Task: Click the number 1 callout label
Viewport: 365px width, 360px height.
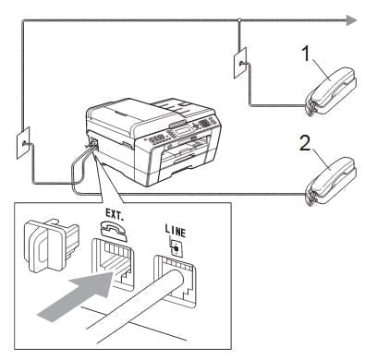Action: [x=306, y=54]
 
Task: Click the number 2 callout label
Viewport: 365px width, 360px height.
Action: [x=305, y=143]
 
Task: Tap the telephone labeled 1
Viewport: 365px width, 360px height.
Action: [x=331, y=91]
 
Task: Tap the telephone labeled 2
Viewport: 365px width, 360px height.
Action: [x=331, y=181]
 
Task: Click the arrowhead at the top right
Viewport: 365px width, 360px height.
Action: [x=351, y=20]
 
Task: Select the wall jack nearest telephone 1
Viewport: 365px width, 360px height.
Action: [x=240, y=63]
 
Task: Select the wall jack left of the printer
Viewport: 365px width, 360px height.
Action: [x=23, y=143]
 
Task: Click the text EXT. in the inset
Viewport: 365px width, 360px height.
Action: [x=115, y=214]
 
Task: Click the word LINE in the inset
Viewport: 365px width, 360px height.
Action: [x=176, y=231]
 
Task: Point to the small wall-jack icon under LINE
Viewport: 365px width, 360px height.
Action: [x=176, y=248]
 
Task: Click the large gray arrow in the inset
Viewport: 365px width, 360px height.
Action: [x=76, y=295]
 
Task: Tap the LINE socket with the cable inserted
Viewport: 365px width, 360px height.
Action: [x=175, y=281]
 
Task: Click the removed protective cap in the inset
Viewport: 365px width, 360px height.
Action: [x=51, y=246]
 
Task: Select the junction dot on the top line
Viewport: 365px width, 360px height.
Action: [x=239, y=20]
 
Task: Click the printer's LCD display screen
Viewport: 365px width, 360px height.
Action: [x=183, y=130]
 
